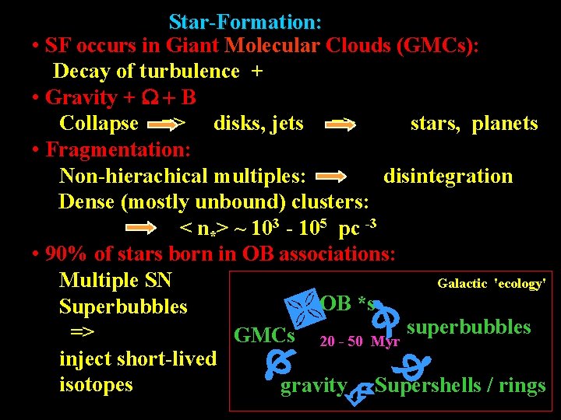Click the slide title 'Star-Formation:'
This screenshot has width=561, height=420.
coord(245,22)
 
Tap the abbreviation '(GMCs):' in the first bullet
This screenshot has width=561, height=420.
coord(437,46)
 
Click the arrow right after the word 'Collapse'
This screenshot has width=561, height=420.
coord(167,124)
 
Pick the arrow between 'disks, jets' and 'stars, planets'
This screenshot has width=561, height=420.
coord(340,124)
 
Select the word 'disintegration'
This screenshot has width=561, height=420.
coord(448,177)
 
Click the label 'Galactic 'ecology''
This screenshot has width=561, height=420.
coord(491,284)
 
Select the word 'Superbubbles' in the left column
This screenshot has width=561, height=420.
coord(123,307)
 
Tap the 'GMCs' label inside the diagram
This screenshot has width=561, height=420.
coord(264,336)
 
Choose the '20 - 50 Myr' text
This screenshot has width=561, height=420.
coord(359,341)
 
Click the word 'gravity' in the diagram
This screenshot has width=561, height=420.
coord(313,386)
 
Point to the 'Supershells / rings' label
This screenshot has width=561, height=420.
coord(460,386)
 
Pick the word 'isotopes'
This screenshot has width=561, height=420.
coord(96,385)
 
